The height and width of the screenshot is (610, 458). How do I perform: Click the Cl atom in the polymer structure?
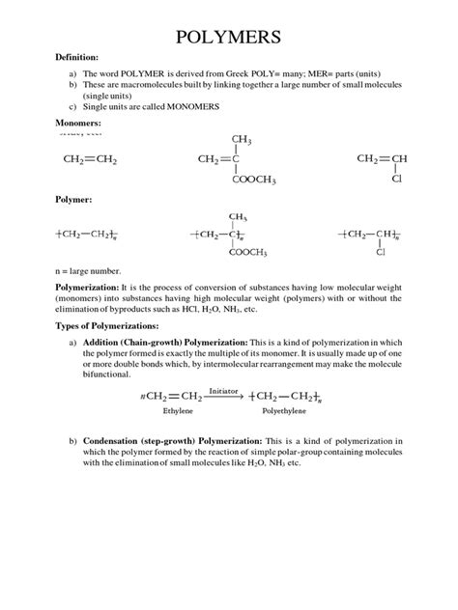coord(381,254)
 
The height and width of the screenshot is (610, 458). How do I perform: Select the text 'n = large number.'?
coord(87,272)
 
